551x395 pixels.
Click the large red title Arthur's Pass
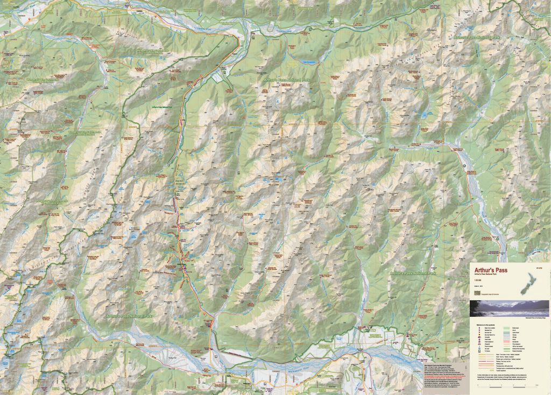pos(491,270)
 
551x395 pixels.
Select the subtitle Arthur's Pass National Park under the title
pos(485,274)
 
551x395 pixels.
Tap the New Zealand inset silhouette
pos(528,283)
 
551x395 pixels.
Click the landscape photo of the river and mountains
pos(510,308)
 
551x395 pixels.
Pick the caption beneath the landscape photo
pos(536,318)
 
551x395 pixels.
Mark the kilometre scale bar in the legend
pos(507,387)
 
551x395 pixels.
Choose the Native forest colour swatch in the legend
pos(506,328)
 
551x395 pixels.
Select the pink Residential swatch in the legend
pos(506,342)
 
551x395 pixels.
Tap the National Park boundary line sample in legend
pos(507,349)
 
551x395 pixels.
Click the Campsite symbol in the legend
pos(479,337)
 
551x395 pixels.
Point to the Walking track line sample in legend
pos(486,364)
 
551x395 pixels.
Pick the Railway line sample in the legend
pos(486,361)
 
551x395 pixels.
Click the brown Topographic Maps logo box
pos(477,293)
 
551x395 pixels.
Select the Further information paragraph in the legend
pos(501,377)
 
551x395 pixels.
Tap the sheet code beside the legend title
pos(539,268)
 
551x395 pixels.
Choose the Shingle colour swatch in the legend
pos(506,337)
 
